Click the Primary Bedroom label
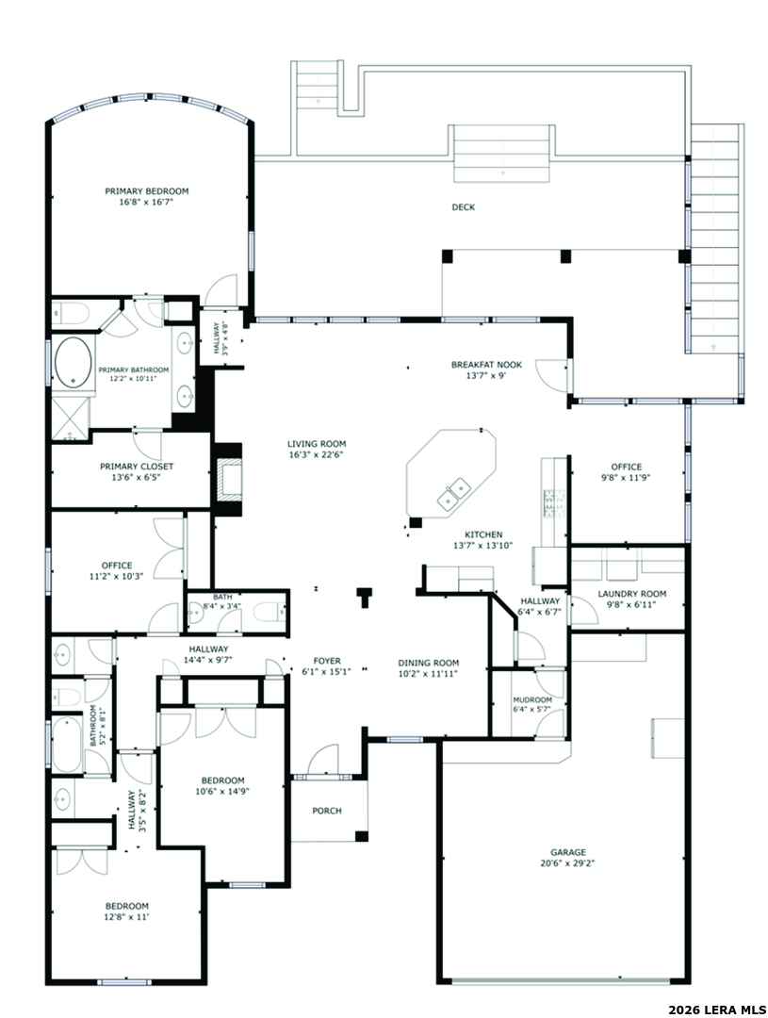(x=147, y=190)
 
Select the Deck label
(x=463, y=207)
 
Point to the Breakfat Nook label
(x=486, y=364)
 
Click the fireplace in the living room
(x=229, y=479)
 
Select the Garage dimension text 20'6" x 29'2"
(x=568, y=863)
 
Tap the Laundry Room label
(x=631, y=594)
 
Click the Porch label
(x=327, y=811)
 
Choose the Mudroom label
(x=532, y=699)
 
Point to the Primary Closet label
(x=137, y=467)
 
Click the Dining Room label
(x=428, y=663)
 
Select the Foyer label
(x=327, y=661)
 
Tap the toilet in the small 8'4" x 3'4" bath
(x=267, y=611)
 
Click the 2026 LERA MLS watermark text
(x=711, y=1010)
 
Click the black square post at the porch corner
(x=362, y=837)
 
